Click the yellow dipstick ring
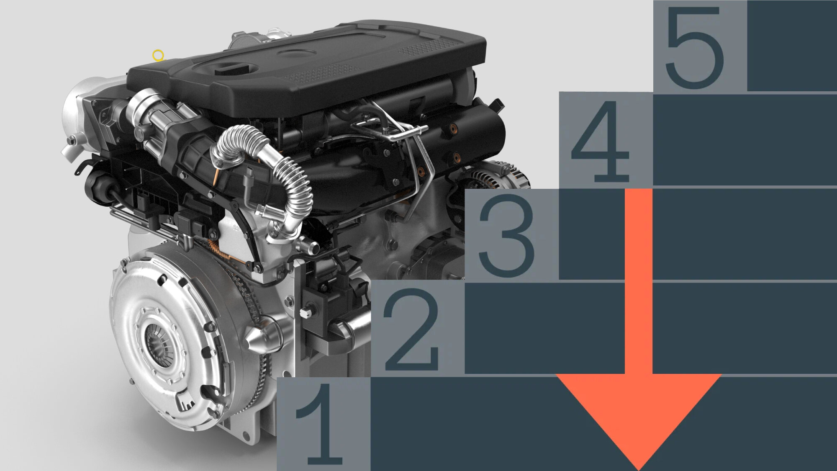158,55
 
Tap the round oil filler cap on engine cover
297,53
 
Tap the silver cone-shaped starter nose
259,337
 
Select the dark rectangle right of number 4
745,140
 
